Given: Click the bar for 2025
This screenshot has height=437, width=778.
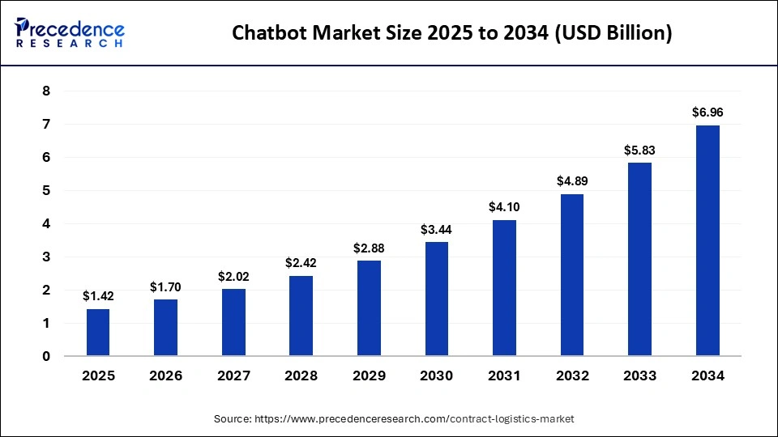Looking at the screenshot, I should [98, 332].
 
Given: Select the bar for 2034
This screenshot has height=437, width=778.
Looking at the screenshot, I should [707, 240].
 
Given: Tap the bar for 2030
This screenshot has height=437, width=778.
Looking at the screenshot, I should [436, 299].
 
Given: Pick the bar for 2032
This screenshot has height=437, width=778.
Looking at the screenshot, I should [571, 274].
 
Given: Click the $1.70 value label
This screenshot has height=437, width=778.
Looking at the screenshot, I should [165, 286].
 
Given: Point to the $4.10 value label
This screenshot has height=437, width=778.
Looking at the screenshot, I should [504, 207].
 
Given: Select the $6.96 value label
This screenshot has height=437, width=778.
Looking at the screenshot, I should [707, 112].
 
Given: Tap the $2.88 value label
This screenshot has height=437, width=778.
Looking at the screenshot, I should [369, 248].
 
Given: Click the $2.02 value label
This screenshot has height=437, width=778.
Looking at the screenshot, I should [233, 276].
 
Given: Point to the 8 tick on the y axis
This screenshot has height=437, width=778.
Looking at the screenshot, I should [46, 91].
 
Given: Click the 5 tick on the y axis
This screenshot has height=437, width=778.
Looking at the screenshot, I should [46, 191].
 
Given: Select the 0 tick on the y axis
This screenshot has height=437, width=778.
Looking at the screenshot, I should [46, 356].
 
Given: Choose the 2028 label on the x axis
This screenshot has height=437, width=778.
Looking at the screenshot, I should [301, 376].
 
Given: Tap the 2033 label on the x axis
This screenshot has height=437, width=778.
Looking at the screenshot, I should [639, 376].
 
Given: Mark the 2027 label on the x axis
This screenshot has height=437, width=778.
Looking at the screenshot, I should [233, 376].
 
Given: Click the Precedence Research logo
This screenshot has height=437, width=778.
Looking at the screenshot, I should [70, 32].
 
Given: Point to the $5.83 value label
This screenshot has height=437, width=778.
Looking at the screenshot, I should [639, 150].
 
